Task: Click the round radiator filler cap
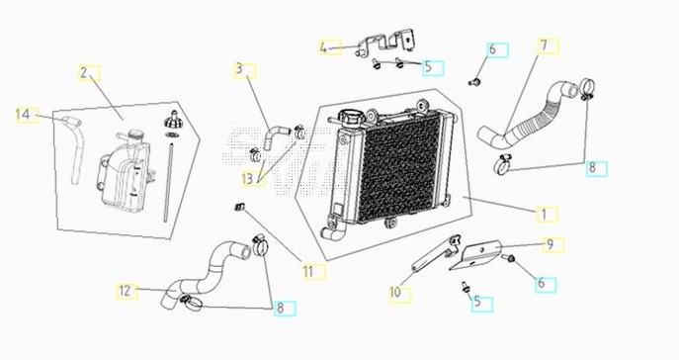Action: point(350,118)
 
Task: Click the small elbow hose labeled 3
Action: point(272,136)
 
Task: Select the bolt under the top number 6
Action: point(474,81)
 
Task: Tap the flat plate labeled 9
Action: point(475,255)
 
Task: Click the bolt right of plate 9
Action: point(508,259)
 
